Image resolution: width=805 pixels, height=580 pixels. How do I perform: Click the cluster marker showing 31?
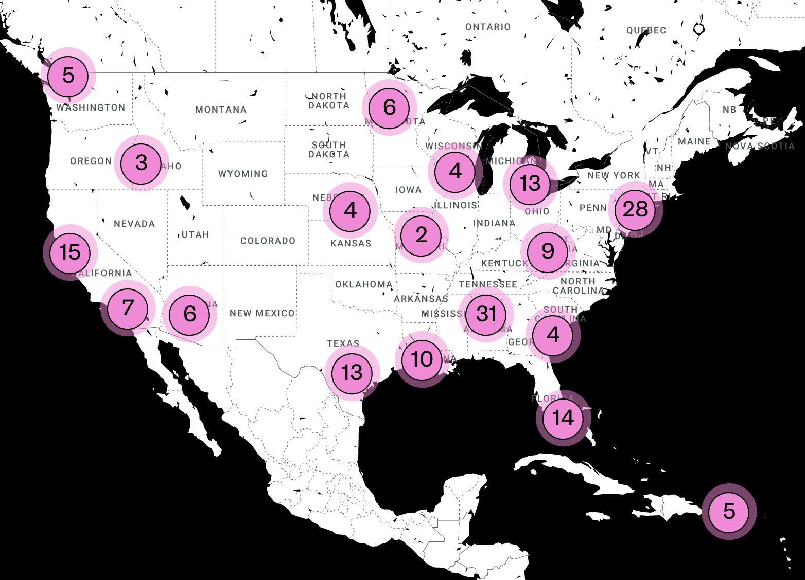point(486,314)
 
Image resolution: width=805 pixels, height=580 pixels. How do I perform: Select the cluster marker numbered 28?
point(635,210)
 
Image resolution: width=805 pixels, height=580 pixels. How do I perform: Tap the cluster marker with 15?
point(70,252)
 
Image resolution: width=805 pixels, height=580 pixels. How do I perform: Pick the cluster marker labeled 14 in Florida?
point(563,418)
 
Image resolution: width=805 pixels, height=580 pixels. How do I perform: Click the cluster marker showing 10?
point(422,359)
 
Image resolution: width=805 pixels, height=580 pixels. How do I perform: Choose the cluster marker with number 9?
point(548,251)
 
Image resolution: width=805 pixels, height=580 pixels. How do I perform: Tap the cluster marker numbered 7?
point(128,308)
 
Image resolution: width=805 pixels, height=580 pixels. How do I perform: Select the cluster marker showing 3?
point(142,164)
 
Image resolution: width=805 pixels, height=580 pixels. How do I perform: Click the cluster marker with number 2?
point(422,235)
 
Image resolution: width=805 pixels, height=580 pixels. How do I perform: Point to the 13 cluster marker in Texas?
point(352,373)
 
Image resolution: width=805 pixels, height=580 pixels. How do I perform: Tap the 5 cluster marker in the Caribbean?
point(729,512)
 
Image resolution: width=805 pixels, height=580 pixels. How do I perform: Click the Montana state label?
point(221,110)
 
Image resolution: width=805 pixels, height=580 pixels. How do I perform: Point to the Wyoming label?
point(243,174)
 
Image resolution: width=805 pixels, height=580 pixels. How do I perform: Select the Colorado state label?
point(268,241)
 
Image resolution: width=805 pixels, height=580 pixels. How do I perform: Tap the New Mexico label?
point(262,313)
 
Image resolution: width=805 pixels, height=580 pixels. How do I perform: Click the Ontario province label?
point(488,27)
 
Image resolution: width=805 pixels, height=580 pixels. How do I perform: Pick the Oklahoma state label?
point(363,284)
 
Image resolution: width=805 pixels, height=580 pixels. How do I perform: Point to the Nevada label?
point(134,224)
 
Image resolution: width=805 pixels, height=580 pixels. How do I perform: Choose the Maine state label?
point(694,141)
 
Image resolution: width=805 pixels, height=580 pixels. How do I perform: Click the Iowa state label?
point(408,190)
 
